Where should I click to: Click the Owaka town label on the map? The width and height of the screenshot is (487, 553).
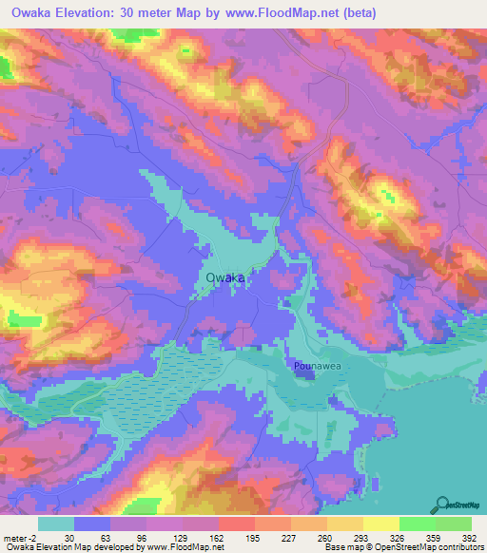click(x=224, y=277)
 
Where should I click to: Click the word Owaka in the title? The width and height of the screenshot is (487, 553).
click(x=34, y=13)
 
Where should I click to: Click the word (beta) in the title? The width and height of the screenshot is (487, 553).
click(x=360, y=13)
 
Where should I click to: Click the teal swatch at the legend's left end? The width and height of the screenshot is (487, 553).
click(x=56, y=524)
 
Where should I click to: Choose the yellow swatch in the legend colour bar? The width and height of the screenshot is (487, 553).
click(x=381, y=524)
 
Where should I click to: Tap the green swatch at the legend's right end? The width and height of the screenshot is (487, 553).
click(x=454, y=524)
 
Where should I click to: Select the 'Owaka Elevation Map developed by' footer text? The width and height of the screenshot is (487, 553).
click(x=70, y=547)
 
